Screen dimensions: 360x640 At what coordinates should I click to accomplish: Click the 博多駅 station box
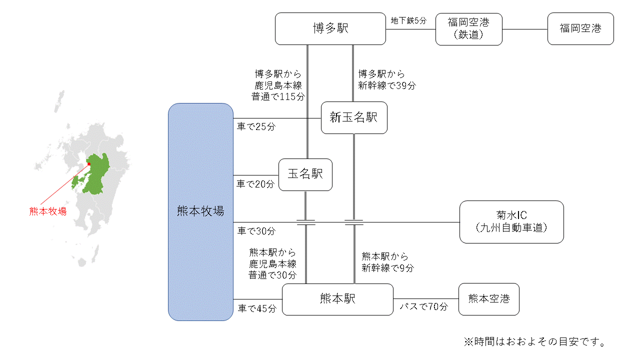coord(330,28)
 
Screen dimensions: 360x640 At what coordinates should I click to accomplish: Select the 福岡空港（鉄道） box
coord(468,29)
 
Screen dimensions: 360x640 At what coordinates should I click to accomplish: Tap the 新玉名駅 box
coord(354,117)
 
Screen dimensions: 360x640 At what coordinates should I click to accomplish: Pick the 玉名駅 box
coord(305,174)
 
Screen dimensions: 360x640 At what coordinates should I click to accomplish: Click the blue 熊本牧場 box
coord(200,211)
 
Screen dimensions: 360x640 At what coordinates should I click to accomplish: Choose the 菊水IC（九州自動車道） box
coord(511,222)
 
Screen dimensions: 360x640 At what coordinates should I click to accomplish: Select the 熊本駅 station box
coord(337,299)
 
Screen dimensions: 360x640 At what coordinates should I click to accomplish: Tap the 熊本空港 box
coord(488,299)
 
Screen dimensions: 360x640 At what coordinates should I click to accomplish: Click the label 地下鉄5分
coord(408,21)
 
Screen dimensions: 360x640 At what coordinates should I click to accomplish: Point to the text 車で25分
coord(256,127)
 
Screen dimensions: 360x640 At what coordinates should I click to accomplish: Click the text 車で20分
coord(256,184)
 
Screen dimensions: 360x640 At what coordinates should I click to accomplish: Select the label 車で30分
coord(256,231)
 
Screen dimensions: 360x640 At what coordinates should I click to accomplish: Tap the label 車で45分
coord(257,308)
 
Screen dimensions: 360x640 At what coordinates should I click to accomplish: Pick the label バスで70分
coord(423,306)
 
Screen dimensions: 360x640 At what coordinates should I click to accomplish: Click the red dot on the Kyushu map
coord(89,163)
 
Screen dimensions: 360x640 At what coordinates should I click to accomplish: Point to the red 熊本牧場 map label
coord(47,211)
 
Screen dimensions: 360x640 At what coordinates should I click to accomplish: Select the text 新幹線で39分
coord(386,85)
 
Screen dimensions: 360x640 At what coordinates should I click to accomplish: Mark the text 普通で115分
coord(278,95)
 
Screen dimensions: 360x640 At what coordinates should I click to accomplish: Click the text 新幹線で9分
coord(387,268)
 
